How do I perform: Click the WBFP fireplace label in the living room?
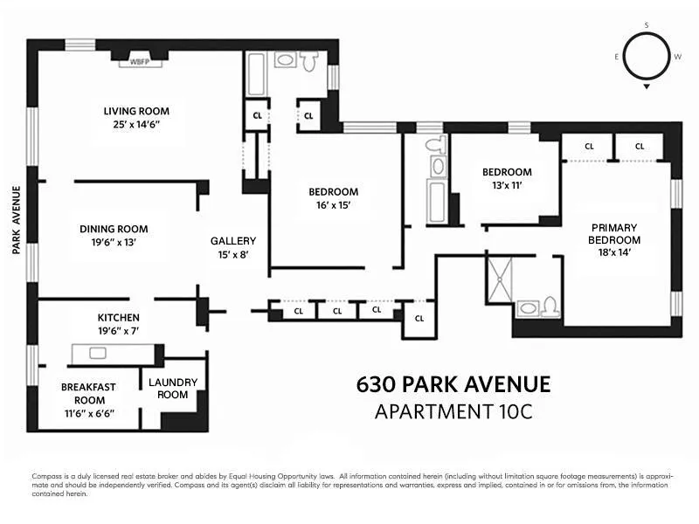(x=138, y=63)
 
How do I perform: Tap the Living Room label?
(x=136, y=111)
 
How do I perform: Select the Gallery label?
(x=233, y=241)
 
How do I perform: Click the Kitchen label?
(x=118, y=317)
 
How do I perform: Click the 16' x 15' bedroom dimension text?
(x=333, y=206)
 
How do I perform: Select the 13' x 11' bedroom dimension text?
(x=507, y=186)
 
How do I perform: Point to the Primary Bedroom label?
(x=613, y=233)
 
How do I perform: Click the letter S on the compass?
(x=646, y=25)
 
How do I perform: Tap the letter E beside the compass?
(x=617, y=57)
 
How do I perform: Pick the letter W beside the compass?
(x=677, y=57)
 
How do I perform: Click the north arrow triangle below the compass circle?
(x=647, y=87)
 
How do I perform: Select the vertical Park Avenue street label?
(x=17, y=219)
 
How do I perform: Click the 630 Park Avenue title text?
(x=453, y=385)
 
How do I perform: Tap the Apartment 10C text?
(x=453, y=411)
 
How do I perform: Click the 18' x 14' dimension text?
(x=613, y=252)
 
